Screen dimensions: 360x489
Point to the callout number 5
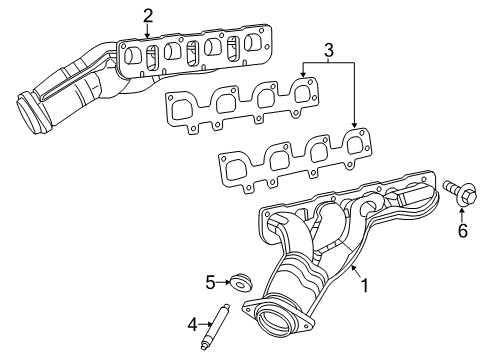pos(211,283)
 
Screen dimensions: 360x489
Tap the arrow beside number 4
pos(204,323)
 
